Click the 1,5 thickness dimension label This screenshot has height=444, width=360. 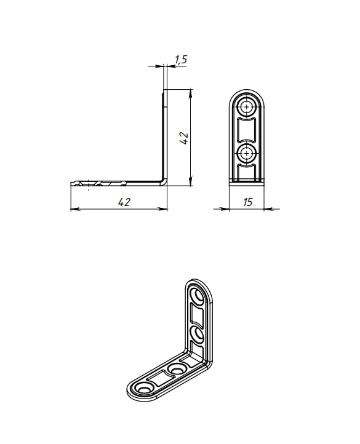(x=181, y=60)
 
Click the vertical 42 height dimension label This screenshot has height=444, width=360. (x=184, y=138)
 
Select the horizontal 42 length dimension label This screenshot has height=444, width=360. (x=124, y=202)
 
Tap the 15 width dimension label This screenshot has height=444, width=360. (x=247, y=202)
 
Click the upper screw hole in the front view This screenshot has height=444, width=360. (x=247, y=108)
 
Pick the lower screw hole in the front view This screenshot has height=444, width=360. (x=247, y=153)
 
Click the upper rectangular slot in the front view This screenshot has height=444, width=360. (x=247, y=130)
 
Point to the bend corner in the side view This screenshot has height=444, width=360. (x=164, y=182)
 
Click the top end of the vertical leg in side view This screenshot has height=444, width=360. (x=164, y=90)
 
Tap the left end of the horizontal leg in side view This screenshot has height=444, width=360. (x=71, y=183)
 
